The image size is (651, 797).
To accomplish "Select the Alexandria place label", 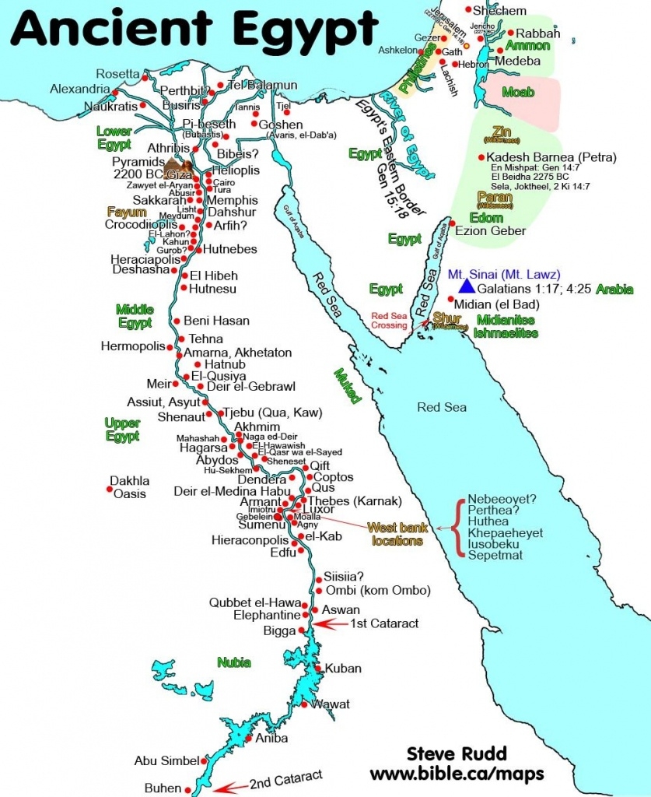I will coord(79,89).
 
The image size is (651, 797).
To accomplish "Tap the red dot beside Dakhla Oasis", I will coord(109,489).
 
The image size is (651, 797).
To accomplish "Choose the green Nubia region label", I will coord(233,662).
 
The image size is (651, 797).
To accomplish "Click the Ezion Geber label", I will coord(491,230).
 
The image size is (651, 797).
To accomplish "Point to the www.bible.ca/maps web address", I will coord(457,774).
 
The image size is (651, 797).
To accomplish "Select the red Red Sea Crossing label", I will coord(389,320).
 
